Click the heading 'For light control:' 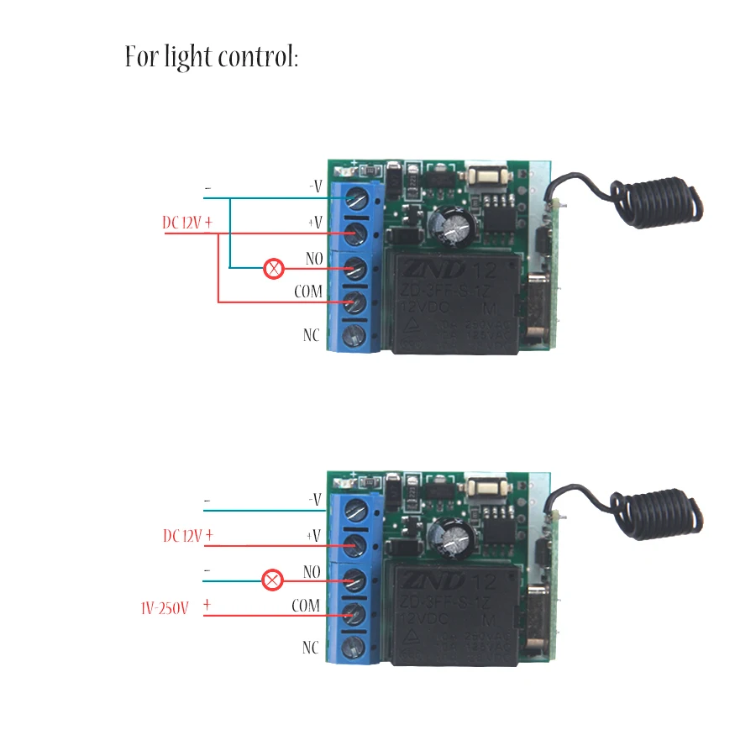[x=211, y=58]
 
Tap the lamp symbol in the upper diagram [x=274, y=269]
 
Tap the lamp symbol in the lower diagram [x=272, y=580]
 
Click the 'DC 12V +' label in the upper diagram [x=187, y=223]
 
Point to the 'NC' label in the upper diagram [x=312, y=334]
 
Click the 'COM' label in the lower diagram [x=306, y=606]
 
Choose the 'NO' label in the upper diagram [x=314, y=260]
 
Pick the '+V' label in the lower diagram [x=313, y=535]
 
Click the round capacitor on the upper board [x=454, y=224]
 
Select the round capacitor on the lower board [x=454, y=535]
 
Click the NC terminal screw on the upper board [x=355, y=336]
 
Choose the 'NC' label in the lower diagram [x=312, y=648]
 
